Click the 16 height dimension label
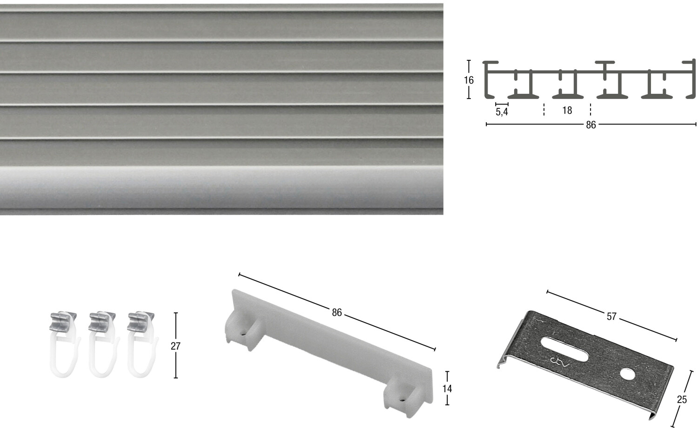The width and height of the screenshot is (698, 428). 468,80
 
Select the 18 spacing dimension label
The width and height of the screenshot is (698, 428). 567,110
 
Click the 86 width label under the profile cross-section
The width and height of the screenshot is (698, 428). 591,125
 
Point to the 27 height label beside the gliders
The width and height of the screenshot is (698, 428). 176,346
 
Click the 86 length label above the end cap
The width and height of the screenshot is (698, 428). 337,312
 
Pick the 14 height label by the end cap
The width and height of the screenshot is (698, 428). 447,388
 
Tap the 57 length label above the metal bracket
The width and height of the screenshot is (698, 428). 611,316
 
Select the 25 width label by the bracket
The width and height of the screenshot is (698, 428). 682,400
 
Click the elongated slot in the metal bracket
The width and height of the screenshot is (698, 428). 564,349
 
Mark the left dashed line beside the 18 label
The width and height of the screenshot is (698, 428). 544,110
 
